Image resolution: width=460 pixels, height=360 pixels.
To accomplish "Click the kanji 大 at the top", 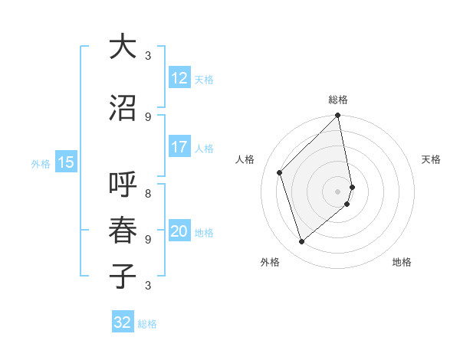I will pyautogui.click(x=122, y=47).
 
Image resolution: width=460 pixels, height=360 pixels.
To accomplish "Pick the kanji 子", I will pyautogui.click(x=122, y=275).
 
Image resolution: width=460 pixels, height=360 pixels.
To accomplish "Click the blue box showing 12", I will pyautogui.click(x=179, y=78).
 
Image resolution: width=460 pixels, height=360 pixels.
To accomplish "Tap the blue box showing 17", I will pyautogui.click(x=179, y=148).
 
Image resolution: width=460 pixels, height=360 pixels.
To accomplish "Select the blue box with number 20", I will pyautogui.click(x=179, y=232).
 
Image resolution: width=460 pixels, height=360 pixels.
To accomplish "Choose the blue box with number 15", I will pyautogui.click(x=66, y=162).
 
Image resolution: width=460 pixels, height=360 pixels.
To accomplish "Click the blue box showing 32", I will pyautogui.click(x=123, y=322).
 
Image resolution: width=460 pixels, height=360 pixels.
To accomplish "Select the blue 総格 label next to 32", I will pyautogui.click(x=147, y=324).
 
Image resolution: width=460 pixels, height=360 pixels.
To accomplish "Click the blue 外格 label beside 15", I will pyautogui.click(x=41, y=163).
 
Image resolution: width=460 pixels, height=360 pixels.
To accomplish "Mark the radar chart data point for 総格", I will pyautogui.click(x=337, y=116).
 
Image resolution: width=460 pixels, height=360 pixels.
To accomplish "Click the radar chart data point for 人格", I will pyautogui.click(x=280, y=172).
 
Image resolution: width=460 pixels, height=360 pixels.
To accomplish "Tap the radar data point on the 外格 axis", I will pyautogui.click(x=302, y=241).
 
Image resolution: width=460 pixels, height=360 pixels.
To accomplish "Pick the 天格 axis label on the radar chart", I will pyautogui.click(x=431, y=159).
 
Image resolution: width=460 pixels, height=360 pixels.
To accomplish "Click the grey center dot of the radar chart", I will pyautogui.click(x=337, y=191).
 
